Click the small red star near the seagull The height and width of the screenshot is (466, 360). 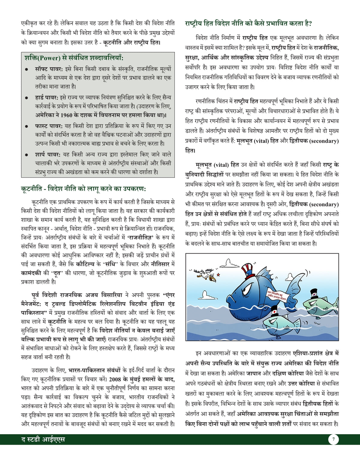[x=218, y=274]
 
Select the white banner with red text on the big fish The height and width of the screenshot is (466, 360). [x=277, y=296]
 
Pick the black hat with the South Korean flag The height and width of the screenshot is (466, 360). [x=314, y=293]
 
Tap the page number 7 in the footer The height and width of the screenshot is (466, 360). [x=333, y=440]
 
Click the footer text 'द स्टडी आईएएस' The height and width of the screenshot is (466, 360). [x=43, y=440]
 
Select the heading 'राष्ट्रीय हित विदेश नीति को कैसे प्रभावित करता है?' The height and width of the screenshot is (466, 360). [x=248, y=23]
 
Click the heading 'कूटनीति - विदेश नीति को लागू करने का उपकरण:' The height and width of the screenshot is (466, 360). [x=83, y=189]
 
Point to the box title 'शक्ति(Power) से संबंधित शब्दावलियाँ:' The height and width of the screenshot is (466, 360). [x=74, y=58]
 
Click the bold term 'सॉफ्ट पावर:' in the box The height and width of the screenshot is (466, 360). [x=49, y=69]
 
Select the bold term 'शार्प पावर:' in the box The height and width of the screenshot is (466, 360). [x=48, y=155]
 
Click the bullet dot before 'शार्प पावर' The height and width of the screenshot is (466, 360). [x=27, y=155]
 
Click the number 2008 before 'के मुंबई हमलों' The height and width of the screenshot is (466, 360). [x=115, y=379]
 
